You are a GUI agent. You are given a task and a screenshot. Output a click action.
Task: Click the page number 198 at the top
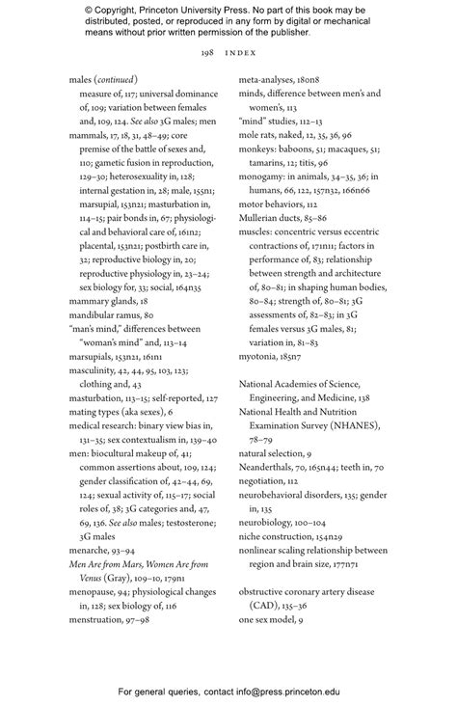206,51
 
